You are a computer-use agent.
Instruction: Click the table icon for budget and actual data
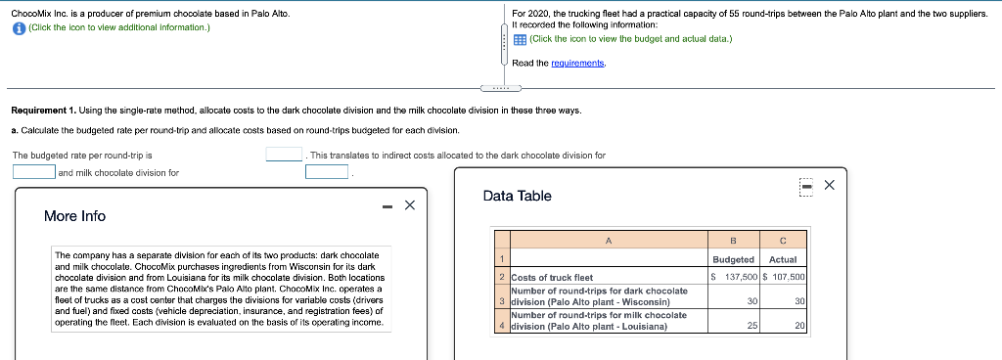click(520, 39)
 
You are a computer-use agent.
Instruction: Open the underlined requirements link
click(579, 63)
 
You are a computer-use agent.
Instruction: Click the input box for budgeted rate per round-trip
click(285, 155)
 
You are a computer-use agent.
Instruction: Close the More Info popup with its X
click(410, 204)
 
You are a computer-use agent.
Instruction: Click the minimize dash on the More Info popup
click(387, 205)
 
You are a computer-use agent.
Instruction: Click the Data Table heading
click(517, 197)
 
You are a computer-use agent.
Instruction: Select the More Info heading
click(74, 216)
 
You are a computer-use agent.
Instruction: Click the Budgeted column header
click(734, 259)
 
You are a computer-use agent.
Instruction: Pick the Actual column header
click(783, 259)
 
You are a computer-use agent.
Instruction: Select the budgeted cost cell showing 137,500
click(734, 277)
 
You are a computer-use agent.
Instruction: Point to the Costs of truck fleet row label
click(553, 278)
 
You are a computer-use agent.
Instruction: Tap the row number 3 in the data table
click(501, 301)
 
